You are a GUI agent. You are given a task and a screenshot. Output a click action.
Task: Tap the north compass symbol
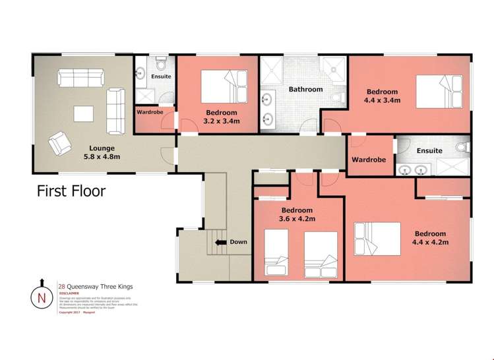(x=42, y=297)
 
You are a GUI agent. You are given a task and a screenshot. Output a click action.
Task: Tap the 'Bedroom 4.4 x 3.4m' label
(x=383, y=96)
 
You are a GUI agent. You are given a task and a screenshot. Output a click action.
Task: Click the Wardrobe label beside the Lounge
(x=150, y=112)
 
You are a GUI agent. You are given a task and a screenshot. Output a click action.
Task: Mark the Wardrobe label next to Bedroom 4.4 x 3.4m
(x=369, y=160)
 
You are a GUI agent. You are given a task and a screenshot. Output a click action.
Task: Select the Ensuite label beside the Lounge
(x=161, y=76)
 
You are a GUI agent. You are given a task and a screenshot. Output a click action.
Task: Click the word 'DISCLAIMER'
(x=69, y=295)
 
